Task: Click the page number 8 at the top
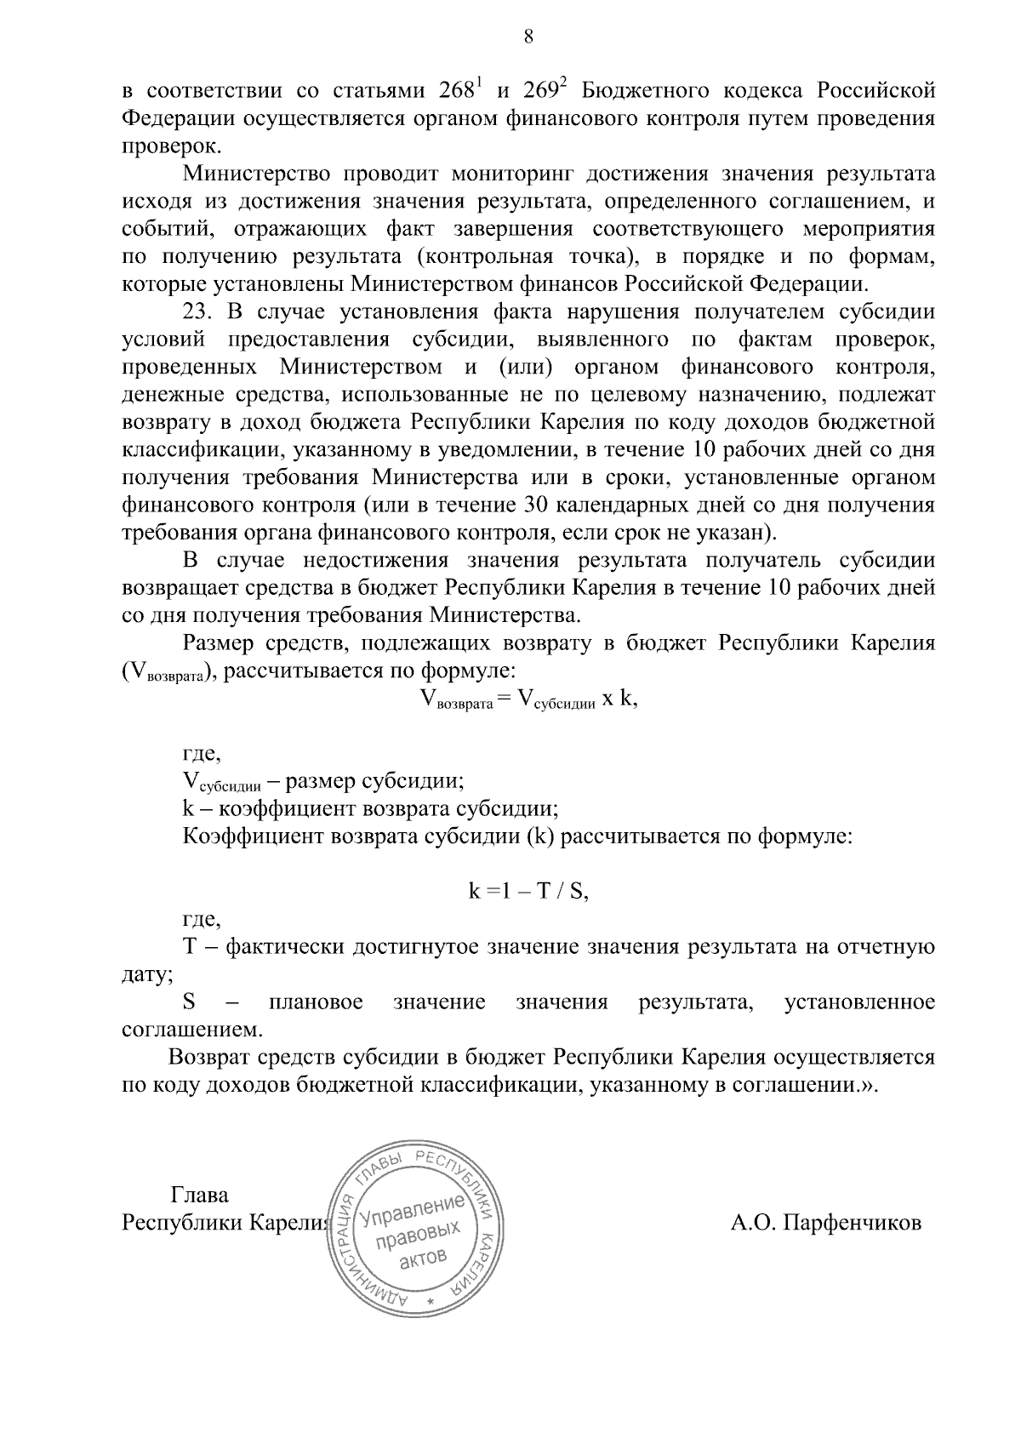528,37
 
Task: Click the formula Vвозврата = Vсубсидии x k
528,699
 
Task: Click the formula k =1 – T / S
528,891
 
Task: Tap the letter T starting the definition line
190,947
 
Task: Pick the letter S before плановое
190,1002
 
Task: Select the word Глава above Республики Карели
200,1195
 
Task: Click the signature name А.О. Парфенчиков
825,1223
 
